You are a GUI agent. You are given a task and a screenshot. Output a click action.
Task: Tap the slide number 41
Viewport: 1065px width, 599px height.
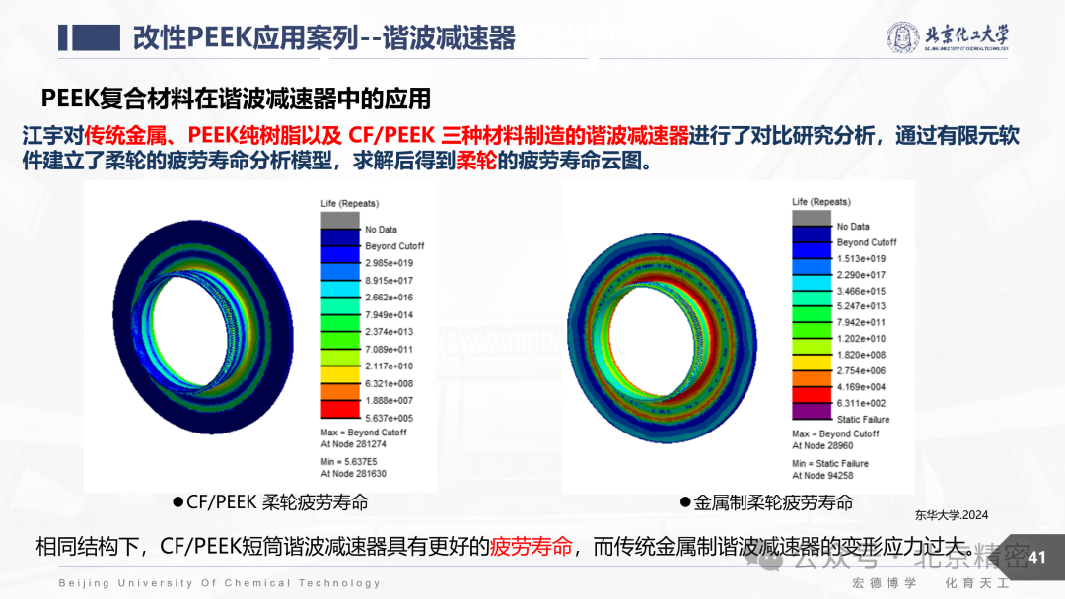(x=1036, y=558)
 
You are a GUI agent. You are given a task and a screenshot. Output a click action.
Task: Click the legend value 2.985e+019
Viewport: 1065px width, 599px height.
(x=389, y=263)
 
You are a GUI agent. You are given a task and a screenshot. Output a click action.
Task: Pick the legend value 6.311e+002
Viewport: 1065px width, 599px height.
(x=861, y=403)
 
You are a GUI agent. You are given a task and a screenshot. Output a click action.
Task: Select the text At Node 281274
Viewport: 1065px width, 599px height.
(x=354, y=443)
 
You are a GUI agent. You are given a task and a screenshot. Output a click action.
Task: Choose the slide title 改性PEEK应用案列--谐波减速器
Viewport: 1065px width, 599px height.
(x=324, y=37)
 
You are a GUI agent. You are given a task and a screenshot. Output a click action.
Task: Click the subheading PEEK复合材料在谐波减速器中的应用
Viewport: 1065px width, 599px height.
(x=237, y=99)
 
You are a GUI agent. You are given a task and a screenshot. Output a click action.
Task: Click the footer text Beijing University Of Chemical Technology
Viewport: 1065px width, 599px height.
(x=219, y=583)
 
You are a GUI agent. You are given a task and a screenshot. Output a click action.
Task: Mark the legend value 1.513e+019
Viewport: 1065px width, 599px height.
(x=860, y=259)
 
